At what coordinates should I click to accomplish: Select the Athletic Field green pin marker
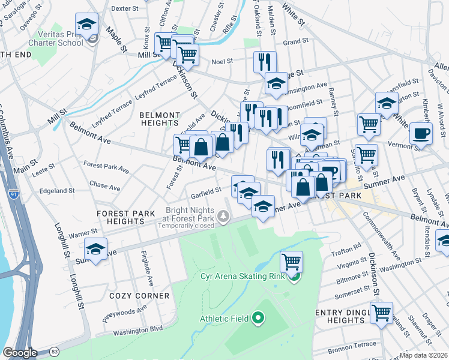tap(259, 318)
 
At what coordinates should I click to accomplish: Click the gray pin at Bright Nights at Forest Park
tap(223, 215)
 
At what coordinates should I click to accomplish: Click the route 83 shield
tap(55, 351)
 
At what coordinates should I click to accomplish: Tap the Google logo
tap(20, 352)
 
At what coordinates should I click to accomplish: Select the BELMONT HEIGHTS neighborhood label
tap(159, 119)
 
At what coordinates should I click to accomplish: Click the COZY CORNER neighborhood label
tap(139, 296)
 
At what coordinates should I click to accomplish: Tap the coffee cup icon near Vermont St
tap(421, 133)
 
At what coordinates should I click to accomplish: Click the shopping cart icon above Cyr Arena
tap(291, 261)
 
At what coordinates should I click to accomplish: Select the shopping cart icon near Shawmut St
tap(381, 313)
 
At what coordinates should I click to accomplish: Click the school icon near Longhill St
tap(95, 248)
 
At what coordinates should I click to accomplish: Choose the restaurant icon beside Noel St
tap(265, 61)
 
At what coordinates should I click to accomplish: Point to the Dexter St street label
tap(125, 8)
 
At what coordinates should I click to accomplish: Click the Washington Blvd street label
tap(138, 329)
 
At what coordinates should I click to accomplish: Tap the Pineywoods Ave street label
tap(124, 313)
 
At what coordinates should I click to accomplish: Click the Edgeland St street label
tap(56, 191)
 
